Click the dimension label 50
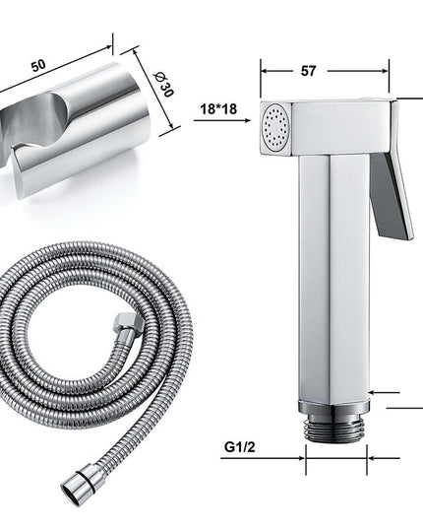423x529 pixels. (x=38, y=65)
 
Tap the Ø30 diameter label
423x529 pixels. (x=164, y=85)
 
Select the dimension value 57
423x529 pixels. (x=309, y=71)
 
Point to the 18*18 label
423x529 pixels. (x=218, y=109)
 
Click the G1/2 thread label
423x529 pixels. (x=240, y=447)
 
